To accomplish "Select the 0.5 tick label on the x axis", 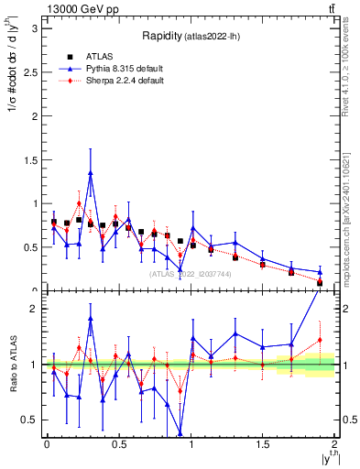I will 119,444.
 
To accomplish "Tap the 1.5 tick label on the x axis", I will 263,444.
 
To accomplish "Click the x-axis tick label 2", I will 335,444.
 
